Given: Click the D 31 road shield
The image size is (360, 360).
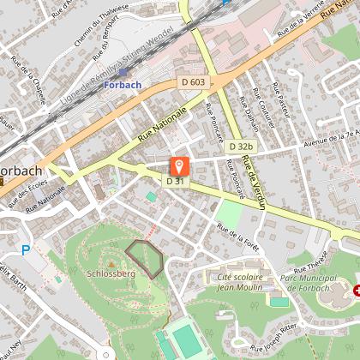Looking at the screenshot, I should click(x=175, y=181).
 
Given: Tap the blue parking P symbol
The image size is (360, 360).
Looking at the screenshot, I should click(x=25, y=249).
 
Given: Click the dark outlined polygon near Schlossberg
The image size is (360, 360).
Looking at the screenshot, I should click(x=144, y=258).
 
